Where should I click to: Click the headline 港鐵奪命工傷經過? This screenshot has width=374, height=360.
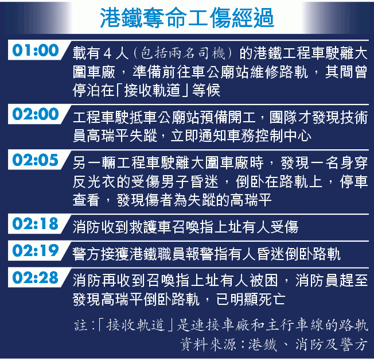[187, 18]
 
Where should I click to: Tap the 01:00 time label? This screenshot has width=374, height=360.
[36, 50]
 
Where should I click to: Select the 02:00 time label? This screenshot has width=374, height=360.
[36, 114]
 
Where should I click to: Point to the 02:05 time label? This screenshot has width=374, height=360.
[36, 160]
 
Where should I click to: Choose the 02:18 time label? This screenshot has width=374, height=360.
[36, 224]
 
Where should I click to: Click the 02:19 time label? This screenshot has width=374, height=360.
[36, 250]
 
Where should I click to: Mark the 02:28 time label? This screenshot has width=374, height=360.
[36, 277]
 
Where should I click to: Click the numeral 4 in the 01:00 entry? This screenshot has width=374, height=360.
[107, 53]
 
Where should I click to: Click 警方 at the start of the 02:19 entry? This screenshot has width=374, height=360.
[87, 254]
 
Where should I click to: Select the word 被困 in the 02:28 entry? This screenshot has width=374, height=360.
[263, 280]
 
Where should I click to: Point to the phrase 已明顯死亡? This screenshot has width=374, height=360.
[251, 299]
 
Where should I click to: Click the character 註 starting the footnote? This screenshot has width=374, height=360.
[80, 325]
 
